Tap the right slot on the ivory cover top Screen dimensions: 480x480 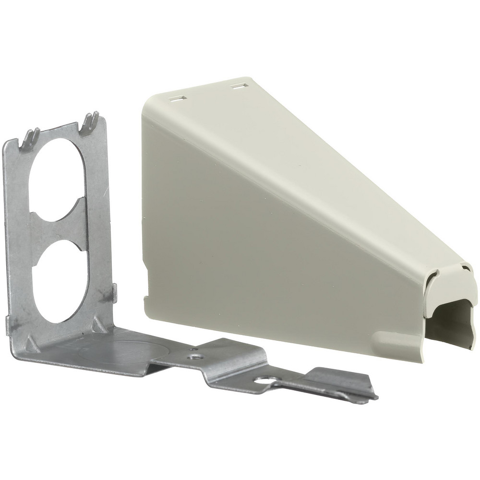click(x=237, y=86)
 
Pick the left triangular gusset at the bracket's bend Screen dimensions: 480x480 click(x=30, y=343)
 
